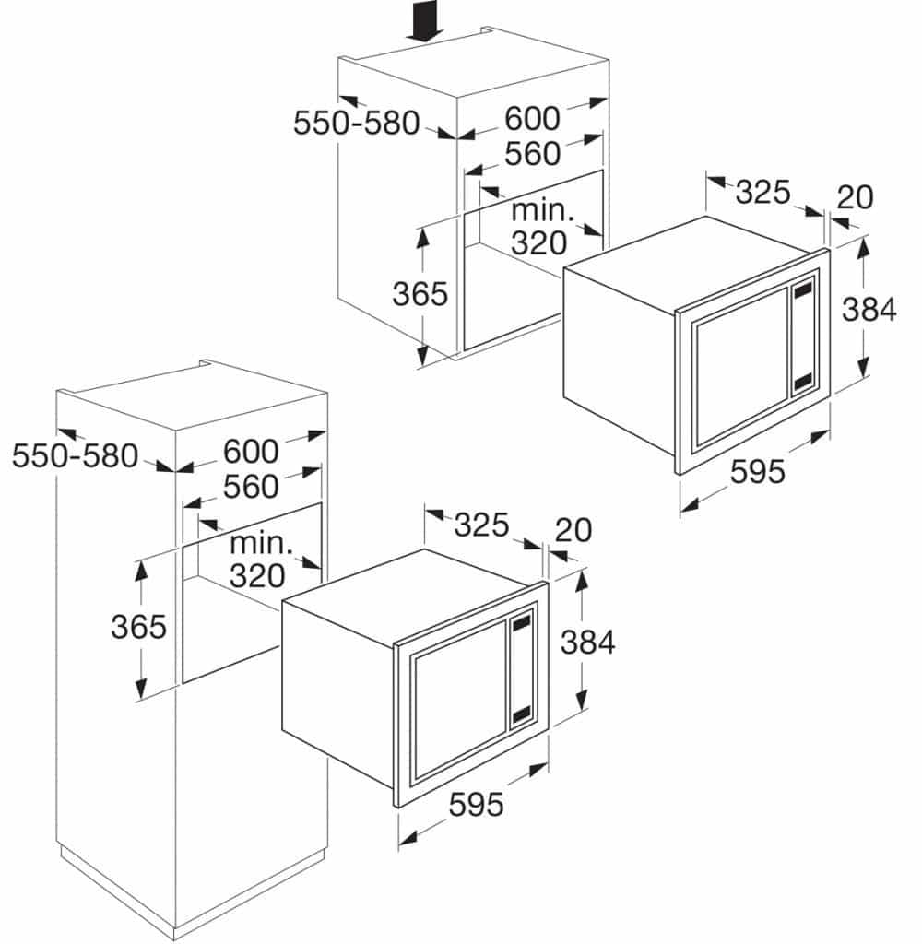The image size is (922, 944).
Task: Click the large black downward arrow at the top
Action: (x=425, y=24)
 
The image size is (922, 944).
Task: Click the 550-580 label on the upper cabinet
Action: (x=356, y=124)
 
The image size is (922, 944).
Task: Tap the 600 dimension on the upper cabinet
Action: (x=532, y=118)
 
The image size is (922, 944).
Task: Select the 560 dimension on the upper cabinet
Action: (x=532, y=154)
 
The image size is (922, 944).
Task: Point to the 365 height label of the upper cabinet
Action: (x=420, y=294)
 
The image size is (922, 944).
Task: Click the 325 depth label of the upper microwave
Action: (x=762, y=193)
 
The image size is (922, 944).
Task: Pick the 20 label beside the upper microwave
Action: (x=855, y=197)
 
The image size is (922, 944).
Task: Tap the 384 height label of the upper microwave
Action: (x=869, y=310)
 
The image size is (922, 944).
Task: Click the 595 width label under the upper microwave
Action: (x=758, y=471)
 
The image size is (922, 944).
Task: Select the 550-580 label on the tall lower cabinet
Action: (x=76, y=455)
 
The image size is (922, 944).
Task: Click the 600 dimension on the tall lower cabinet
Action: (x=251, y=451)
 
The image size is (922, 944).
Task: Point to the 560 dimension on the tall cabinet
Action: (x=251, y=487)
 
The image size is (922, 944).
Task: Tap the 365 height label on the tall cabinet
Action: (x=138, y=627)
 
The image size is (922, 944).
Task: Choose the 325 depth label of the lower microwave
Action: (x=481, y=525)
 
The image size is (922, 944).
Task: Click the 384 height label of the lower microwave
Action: (x=587, y=643)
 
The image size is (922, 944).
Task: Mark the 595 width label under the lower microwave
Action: (x=476, y=804)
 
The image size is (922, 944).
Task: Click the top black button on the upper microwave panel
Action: (x=803, y=291)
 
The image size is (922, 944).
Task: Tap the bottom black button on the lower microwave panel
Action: (x=521, y=714)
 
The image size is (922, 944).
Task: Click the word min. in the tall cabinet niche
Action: (x=261, y=544)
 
